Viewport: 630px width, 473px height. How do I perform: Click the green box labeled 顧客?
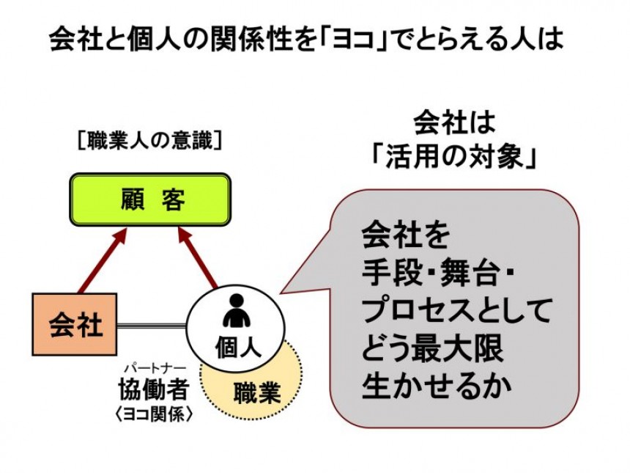point(150,199)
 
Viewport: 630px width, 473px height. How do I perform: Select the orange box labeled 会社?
point(75,324)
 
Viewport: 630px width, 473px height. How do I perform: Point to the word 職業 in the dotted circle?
point(257,392)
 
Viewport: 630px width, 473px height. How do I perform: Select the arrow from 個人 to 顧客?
point(198,258)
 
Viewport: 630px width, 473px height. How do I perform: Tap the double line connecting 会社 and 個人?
point(152,325)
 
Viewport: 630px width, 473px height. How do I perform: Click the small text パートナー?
point(155,368)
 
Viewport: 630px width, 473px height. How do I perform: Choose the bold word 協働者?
point(154,389)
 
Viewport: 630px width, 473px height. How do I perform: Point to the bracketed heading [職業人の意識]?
point(149,142)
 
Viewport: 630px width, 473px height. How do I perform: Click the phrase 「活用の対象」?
point(454,156)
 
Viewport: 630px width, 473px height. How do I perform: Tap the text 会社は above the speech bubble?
point(454,122)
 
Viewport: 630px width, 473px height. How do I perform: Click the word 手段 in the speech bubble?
point(388,274)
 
